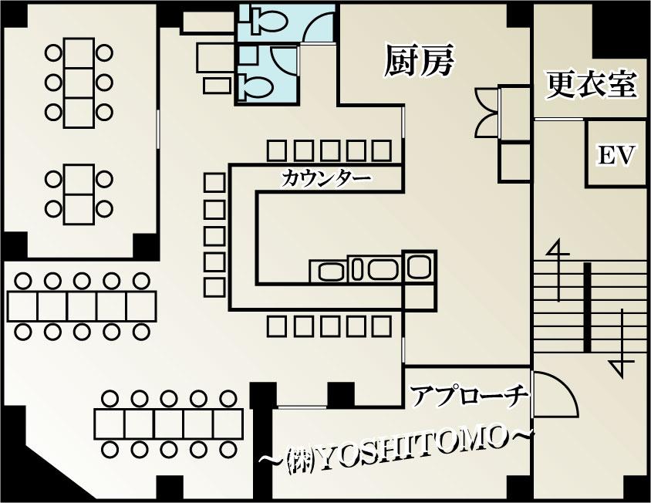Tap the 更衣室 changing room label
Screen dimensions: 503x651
pyautogui.click(x=592, y=85)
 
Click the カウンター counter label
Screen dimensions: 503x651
pyautogui.click(x=326, y=179)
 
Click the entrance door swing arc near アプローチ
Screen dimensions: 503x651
pyautogui.click(x=557, y=395)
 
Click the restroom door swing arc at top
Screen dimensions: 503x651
pyautogui.click(x=318, y=27)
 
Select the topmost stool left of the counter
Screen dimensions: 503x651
pyautogui.click(x=214, y=183)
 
